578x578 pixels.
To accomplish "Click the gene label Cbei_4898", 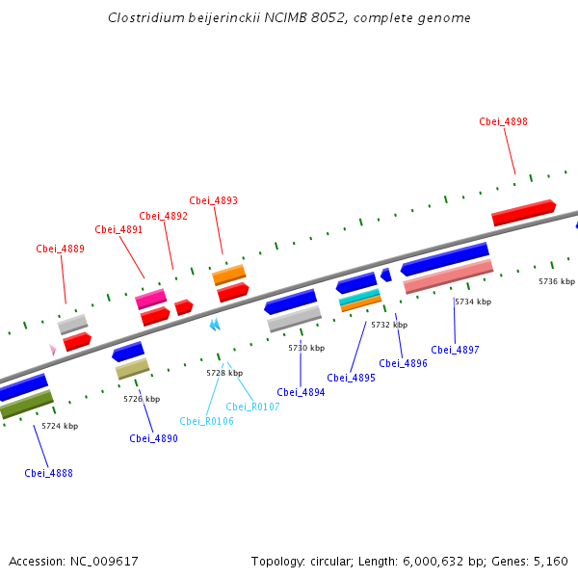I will click(x=503, y=121).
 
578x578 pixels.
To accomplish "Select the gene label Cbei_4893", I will click(x=213, y=200).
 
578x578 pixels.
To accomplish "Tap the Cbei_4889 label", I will click(x=61, y=249).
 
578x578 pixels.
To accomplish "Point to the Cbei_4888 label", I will click(x=48, y=473).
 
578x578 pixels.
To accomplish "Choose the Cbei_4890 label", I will click(x=153, y=438).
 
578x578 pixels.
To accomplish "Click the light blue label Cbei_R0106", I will click(x=206, y=421).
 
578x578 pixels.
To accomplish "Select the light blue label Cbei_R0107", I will click(x=252, y=407).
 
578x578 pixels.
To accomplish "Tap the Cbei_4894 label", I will click(x=301, y=392).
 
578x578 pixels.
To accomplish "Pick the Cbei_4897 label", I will click(x=455, y=350).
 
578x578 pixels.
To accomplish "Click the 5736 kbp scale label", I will click(x=556, y=281).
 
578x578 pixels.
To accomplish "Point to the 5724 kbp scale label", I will click(x=60, y=426).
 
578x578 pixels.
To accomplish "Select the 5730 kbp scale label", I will click(x=306, y=348).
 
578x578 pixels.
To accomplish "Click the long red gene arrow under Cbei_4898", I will click(x=523, y=213).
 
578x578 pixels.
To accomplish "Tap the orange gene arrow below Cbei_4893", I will click(x=229, y=276).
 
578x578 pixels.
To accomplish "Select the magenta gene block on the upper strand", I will click(x=151, y=299).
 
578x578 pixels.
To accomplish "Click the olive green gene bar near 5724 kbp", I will click(x=26, y=404).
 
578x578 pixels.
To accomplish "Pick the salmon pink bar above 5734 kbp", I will click(x=448, y=276).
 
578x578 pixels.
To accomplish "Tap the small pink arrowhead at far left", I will click(x=52, y=349).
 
